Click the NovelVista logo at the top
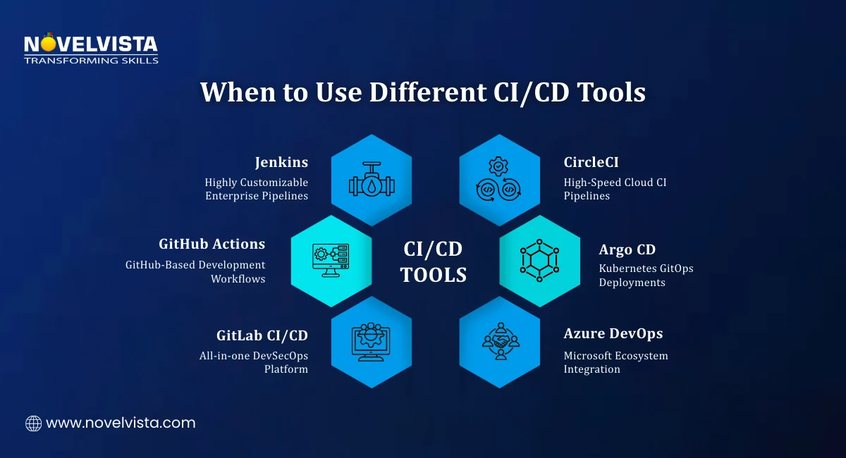click(90, 45)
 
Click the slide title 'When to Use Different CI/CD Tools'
click(422, 92)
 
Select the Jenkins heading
click(281, 162)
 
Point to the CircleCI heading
click(591, 162)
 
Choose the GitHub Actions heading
click(212, 244)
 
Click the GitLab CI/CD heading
click(262, 335)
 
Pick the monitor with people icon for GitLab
click(372, 342)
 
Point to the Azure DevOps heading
click(613, 333)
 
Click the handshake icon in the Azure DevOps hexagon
click(500, 342)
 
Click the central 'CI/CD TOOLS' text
click(434, 261)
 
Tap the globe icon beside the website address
click(33, 423)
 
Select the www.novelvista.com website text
click(121, 423)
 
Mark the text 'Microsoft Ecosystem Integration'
click(615, 362)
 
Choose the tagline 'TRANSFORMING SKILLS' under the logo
click(90, 61)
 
